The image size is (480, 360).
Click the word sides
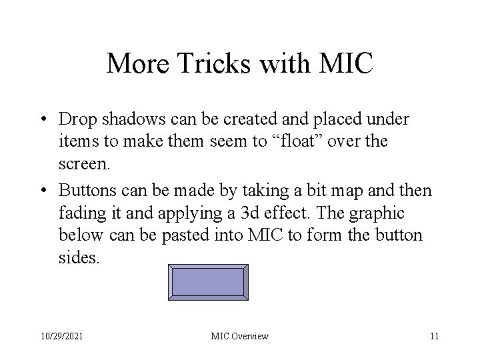78,257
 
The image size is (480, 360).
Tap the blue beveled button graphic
209,283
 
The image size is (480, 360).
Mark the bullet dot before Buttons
43,192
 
